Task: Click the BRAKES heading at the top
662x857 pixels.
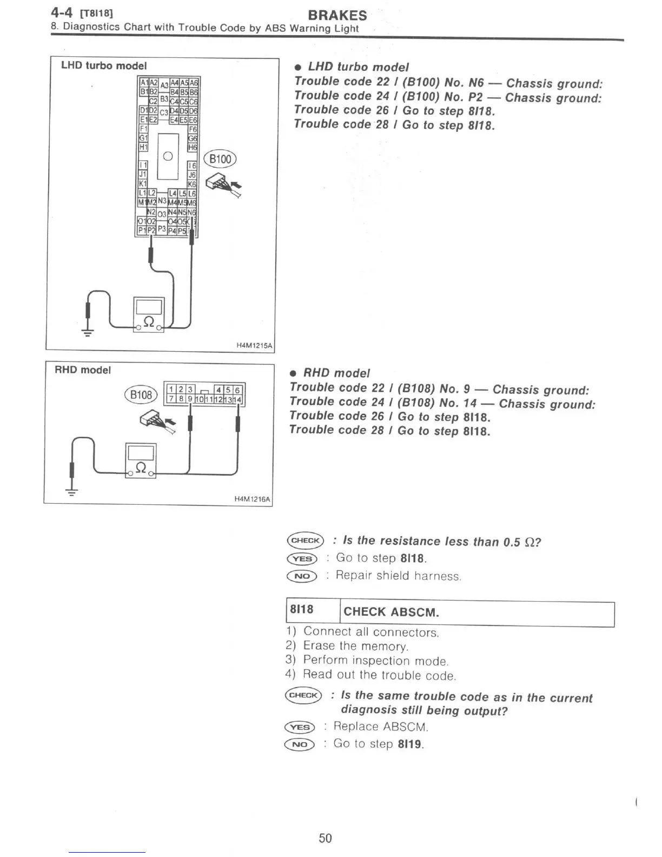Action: point(337,15)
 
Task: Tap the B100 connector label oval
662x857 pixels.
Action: point(220,159)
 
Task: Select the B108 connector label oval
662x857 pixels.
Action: point(141,394)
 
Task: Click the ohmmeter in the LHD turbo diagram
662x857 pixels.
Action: point(148,313)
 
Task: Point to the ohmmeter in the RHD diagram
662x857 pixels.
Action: point(141,460)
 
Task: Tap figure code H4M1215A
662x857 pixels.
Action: point(254,345)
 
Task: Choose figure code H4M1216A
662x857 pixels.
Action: point(252,499)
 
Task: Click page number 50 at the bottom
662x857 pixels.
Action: point(325,838)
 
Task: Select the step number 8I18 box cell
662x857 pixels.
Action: point(302,610)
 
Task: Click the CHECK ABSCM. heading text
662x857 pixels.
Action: point(391,612)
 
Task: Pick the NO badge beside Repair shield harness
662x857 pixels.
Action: point(302,576)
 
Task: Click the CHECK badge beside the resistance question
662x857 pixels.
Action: point(305,540)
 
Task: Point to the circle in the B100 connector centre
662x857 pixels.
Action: point(168,156)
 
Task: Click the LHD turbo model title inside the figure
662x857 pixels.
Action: point(104,65)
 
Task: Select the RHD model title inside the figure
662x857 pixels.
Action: point(83,370)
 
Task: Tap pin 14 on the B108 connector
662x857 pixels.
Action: point(239,400)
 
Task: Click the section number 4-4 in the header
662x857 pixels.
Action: point(62,11)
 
